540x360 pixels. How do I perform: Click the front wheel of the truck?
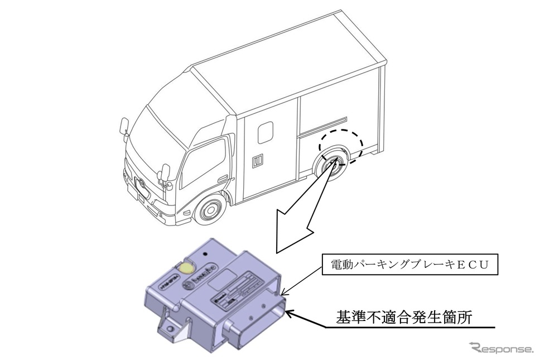point(210,210)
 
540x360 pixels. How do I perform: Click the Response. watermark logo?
point(501,348)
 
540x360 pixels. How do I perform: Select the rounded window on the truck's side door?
point(265,133)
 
